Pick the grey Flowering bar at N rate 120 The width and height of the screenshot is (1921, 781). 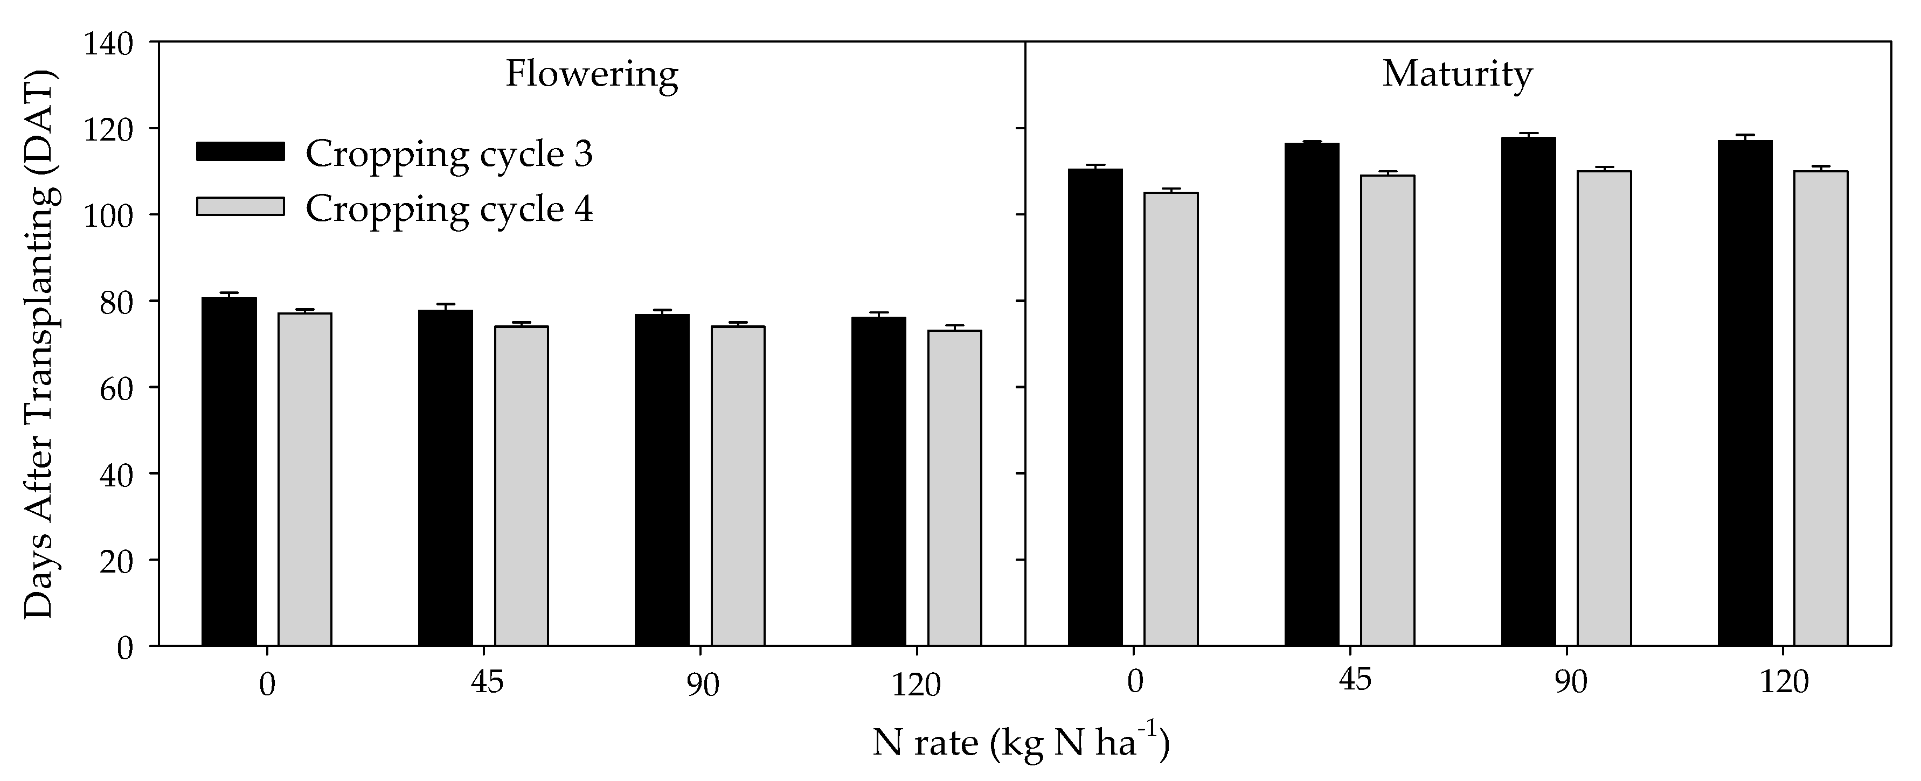click(954, 487)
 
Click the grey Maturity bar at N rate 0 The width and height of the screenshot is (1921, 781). click(1171, 418)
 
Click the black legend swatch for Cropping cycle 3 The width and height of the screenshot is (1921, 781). click(240, 151)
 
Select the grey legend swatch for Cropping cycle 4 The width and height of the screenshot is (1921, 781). click(240, 206)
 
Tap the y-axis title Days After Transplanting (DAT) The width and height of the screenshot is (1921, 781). click(39, 344)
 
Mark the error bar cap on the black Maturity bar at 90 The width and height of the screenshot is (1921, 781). click(1528, 134)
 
